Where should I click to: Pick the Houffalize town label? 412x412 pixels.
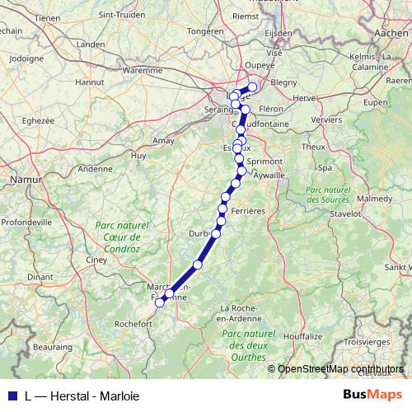302,337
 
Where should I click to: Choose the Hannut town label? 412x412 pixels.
89,82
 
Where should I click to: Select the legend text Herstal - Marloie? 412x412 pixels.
82,395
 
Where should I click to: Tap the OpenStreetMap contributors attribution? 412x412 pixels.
339,368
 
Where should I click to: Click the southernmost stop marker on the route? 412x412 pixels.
160,302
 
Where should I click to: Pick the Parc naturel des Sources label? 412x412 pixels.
329,194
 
